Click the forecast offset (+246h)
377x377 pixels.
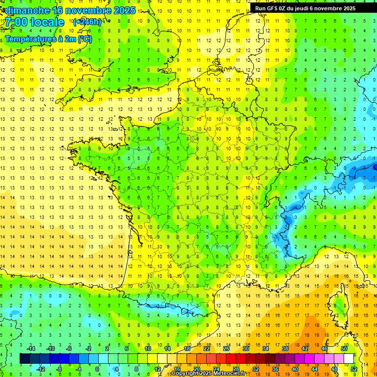88,22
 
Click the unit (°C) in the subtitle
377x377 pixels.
84,39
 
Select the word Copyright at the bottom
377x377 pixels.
185,374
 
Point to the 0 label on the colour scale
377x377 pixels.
97,369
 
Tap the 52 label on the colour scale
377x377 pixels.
354,369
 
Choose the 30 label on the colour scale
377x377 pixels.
246,349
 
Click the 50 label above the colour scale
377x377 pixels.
344,349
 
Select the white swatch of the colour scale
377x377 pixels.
349,358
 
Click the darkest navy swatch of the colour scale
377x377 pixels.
25,358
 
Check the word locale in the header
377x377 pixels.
47,22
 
